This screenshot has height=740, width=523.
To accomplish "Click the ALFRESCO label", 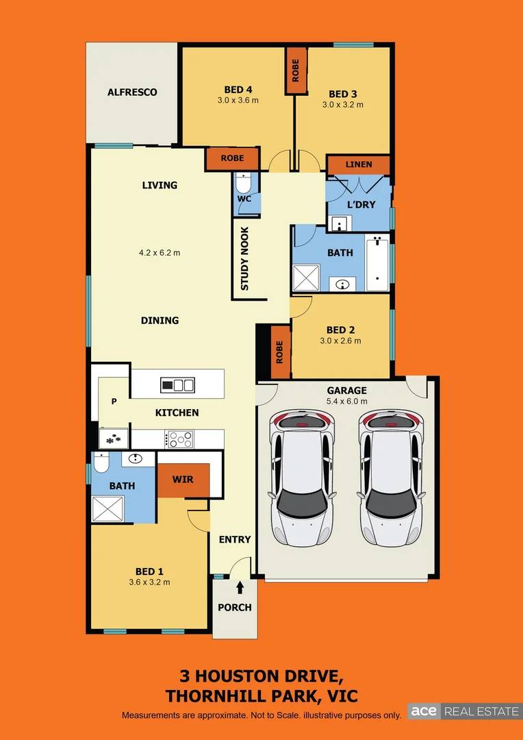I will pos(132,92).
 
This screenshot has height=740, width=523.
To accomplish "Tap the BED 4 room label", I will pos(238,89).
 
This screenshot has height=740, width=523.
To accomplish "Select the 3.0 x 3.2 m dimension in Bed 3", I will pos(343,105).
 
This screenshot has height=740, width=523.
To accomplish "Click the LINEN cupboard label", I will pos(359,164).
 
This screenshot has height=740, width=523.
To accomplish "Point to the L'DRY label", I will pos(360,205).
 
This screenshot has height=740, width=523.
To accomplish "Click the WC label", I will pos(244,199).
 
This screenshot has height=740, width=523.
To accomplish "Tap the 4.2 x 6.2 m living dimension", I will pos(160,252).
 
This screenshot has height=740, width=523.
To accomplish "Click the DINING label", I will pos(160,320).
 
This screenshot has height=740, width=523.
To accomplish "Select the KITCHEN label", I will pos(177,412).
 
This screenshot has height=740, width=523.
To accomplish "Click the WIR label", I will pos(183,480).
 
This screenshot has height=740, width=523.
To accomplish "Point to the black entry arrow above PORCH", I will pos(240,588).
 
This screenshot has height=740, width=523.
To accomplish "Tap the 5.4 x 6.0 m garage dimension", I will pos(347,402).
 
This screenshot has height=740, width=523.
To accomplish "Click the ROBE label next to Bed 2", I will pos(279,353).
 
